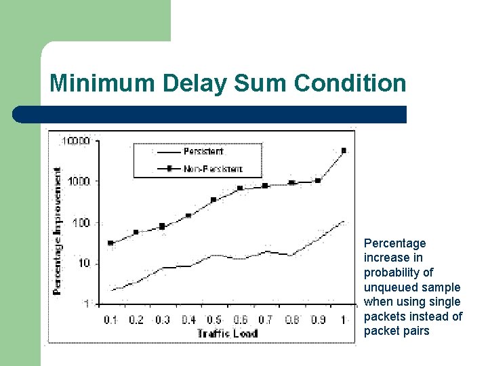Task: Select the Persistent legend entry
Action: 203,152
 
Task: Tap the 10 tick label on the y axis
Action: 83,263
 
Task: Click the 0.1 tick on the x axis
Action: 110,319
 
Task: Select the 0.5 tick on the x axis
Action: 214,319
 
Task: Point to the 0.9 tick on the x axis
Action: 318,319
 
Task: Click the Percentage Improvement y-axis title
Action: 58,230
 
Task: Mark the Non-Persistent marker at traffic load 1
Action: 344,150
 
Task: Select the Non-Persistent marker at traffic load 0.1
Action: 110,243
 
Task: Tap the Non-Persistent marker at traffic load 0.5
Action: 213,200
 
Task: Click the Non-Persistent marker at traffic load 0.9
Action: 318,181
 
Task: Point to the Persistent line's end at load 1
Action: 344,221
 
